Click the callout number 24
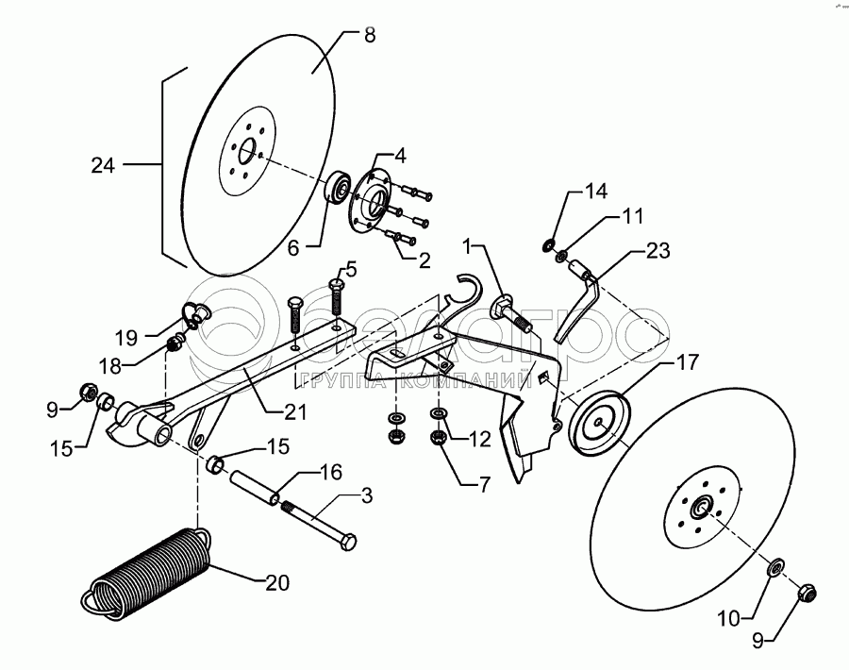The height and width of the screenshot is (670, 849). [x=103, y=166]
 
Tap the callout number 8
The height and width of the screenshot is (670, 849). [x=369, y=35]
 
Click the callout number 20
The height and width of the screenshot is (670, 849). [x=276, y=583]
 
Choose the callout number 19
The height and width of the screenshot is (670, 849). [x=126, y=335]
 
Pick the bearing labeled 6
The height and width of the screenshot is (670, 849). [x=338, y=186]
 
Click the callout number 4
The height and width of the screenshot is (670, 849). [x=400, y=153]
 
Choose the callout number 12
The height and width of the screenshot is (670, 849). [x=478, y=438]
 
